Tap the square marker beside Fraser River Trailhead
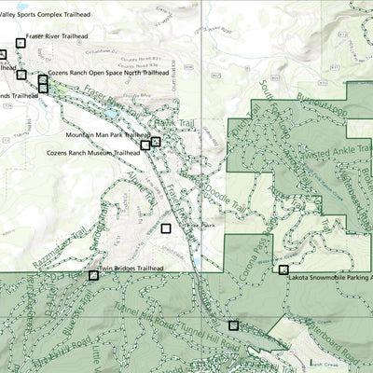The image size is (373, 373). [x=21, y=43]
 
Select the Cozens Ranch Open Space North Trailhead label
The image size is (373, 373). [x=108, y=72]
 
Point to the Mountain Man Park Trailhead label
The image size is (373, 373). [x=111, y=134]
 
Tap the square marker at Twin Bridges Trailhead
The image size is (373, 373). [x=93, y=275]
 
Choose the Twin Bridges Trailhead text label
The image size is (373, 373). [x=131, y=269]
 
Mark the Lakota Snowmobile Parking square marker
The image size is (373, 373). [x=283, y=269]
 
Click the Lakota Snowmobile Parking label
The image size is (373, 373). [x=330, y=278]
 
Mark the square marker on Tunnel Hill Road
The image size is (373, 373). [x=233, y=325]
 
